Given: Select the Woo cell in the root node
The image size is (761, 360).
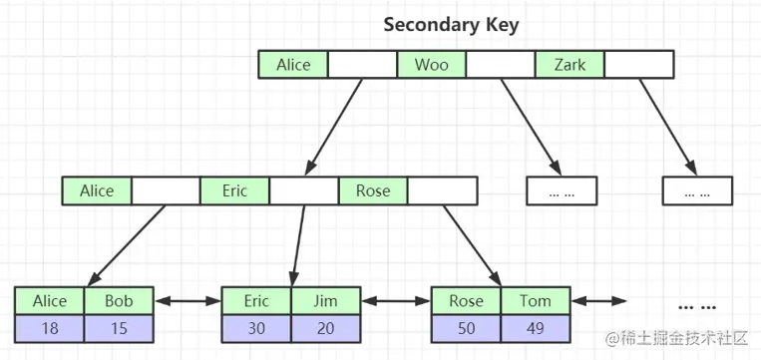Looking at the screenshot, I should pyautogui.click(x=432, y=65).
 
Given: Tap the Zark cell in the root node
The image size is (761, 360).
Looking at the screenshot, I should pyautogui.click(x=570, y=65).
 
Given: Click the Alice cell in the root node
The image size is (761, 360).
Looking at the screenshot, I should pyautogui.click(x=293, y=65).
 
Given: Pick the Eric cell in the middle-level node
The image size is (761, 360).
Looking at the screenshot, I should pyautogui.click(x=234, y=190).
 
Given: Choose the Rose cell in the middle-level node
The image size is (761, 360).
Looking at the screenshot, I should pyautogui.click(x=373, y=190).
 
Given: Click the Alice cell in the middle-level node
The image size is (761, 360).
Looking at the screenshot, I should pyautogui.click(x=97, y=190).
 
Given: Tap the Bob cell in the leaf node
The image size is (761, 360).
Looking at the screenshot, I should pyautogui.click(x=120, y=300).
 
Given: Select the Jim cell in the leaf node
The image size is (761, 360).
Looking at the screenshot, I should pyautogui.click(x=326, y=300).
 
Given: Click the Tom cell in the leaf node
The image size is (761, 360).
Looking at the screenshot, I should pyautogui.click(x=536, y=300).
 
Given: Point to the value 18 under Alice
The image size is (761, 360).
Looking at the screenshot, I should pyautogui.click(x=50, y=327).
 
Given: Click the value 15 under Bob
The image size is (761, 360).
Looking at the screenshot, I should pyautogui.click(x=120, y=327).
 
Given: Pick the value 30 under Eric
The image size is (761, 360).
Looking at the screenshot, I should pyautogui.click(x=256, y=327).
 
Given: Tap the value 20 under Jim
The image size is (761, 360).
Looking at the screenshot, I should pyautogui.click(x=326, y=327).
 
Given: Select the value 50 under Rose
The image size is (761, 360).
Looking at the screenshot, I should pyautogui.click(x=466, y=327).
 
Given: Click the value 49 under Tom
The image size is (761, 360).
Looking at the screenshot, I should pyautogui.click(x=536, y=327).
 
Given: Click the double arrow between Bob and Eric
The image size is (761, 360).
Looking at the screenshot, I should pyautogui.click(x=188, y=300).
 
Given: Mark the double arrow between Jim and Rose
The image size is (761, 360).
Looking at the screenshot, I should pyautogui.click(x=396, y=300).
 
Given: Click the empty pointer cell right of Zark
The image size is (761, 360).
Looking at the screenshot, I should pyautogui.click(x=639, y=65).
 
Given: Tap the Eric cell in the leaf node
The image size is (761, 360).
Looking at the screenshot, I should pyautogui.click(x=256, y=300).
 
